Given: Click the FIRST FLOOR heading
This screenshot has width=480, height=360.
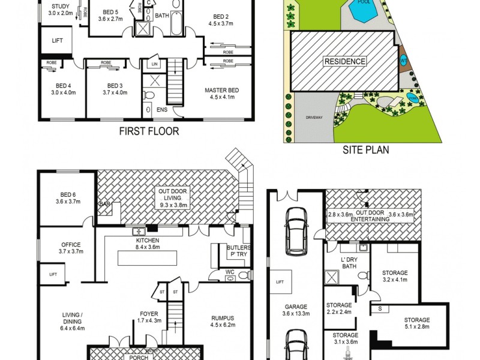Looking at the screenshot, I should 148,131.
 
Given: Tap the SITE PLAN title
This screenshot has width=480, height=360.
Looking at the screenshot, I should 365,150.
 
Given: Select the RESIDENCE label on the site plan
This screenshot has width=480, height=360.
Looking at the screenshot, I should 344,62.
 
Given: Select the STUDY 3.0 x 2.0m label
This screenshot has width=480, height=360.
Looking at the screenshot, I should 60,9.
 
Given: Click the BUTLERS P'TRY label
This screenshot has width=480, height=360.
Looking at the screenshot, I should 238,251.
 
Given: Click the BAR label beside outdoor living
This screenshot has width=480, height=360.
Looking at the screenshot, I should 104,205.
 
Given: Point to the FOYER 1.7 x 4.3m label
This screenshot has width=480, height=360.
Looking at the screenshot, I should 149,316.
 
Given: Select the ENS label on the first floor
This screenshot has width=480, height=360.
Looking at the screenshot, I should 162,110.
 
